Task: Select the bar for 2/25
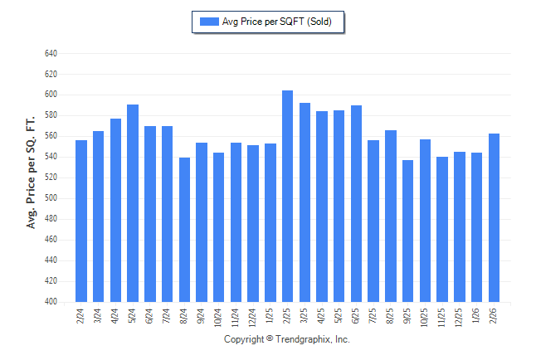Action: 288,197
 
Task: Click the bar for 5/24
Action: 133,203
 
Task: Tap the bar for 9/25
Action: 407,231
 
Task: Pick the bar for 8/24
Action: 184,230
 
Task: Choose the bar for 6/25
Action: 356,204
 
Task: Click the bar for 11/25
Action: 442,230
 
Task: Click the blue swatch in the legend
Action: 209,22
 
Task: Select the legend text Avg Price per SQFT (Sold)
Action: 277,22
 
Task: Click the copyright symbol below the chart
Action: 270,339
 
